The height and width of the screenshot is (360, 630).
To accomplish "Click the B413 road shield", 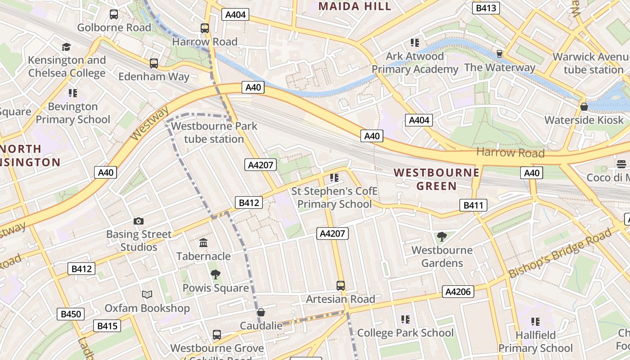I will (486, 8).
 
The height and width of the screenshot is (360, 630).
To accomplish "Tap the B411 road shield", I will (473, 206).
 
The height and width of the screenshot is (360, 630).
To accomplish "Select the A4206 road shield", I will (458, 292).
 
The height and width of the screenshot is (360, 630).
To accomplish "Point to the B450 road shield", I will (71, 314).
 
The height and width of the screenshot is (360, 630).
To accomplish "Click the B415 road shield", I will (107, 325).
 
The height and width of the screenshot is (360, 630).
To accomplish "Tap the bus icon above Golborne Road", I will (114, 14).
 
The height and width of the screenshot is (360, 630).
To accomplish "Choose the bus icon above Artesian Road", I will (341, 285).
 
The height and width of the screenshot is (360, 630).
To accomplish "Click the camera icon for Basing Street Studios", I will (139, 221).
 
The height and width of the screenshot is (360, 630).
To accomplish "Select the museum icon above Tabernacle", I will (203, 243).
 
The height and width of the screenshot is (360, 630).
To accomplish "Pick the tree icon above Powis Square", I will (216, 274).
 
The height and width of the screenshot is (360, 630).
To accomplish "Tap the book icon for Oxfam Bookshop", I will (147, 295).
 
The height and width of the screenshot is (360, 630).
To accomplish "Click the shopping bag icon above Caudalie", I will (261, 312).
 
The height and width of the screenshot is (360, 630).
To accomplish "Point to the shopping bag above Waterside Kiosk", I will (584, 107).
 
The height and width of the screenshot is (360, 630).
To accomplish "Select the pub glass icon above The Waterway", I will (499, 54).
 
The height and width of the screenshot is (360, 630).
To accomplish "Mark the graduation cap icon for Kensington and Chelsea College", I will (67, 47).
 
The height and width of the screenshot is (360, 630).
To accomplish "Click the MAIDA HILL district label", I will (355, 6).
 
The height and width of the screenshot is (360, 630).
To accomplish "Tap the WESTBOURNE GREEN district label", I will (436, 179).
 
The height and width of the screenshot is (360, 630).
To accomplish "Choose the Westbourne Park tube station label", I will (214, 132).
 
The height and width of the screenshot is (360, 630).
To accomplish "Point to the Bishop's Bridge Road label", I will (560, 253).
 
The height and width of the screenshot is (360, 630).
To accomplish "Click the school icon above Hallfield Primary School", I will (535, 322).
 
